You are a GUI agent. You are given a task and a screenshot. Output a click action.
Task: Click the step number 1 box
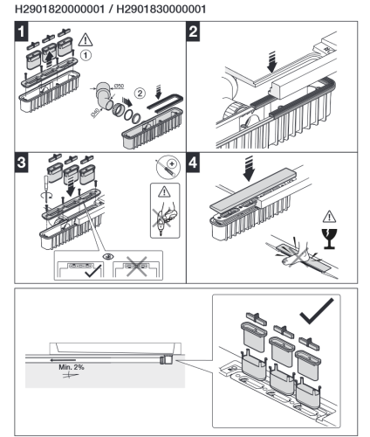pyautogui.click(x=22, y=31)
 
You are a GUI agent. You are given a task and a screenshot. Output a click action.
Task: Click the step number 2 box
pyautogui.click(x=193, y=31)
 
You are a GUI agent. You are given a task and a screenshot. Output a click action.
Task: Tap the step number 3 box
pyautogui.click(x=22, y=163)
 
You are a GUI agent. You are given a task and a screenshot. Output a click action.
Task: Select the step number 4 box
pyautogui.click(x=193, y=163)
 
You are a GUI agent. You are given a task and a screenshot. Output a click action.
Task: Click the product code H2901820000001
pyautogui.click(x=59, y=9)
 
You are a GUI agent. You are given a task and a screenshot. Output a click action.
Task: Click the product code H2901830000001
pyautogui.click(x=161, y=9)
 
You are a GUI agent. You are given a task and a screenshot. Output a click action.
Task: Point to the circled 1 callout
pyautogui.click(x=86, y=55)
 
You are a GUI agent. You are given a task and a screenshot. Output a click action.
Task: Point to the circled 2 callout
pyautogui.click(x=140, y=94)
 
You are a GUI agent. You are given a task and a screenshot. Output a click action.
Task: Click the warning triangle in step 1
pyautogui.click(x=86, y=40)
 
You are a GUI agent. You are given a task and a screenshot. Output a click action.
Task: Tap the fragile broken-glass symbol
pyautogui.click(x=329, y=239)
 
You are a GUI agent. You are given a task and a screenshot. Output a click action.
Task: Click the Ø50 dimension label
pyautogui.click(x=119, y=86)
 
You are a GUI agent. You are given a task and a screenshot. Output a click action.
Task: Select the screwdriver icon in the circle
pyautogui.click(x=168, y=167)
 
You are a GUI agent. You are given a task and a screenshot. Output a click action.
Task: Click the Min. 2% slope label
pyautogui.click(x=72, y=367)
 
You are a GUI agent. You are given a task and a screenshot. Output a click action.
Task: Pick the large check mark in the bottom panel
pyautogui.click(x=316, y=311)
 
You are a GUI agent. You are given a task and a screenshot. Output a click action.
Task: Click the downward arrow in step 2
pyautogui.click(x=272, y=62)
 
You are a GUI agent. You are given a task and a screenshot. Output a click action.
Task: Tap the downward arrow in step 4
pyautogui.click(x=249, y=168)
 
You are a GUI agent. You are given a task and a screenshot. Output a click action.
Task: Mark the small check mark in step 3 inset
pyautogui.click(x=93, y=270)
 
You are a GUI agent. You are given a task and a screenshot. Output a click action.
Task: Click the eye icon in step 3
pyautogui.click(x=109, y=257)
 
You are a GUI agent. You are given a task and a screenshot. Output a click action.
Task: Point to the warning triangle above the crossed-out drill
pyautogui.click(x=165, y=191)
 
